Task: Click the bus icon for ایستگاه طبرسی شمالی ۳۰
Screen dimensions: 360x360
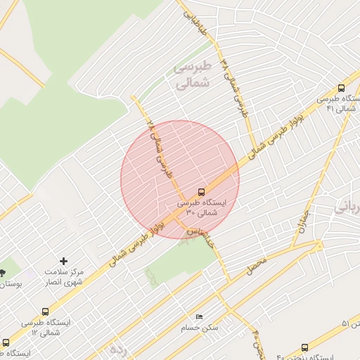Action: tap(202, 191)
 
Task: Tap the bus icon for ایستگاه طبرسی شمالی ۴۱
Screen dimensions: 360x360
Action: tap(341, 89)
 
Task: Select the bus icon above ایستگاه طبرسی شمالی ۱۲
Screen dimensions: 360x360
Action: tap(46, 311)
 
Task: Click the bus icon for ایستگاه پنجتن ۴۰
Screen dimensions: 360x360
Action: tap(304, 347)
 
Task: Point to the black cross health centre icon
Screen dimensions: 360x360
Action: tap(64, 261)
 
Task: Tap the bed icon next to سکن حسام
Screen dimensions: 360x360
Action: tap(199, 317)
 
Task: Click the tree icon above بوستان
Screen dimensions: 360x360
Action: tap(2, 272)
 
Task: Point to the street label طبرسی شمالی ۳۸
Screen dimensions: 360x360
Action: tap(236, 87)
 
